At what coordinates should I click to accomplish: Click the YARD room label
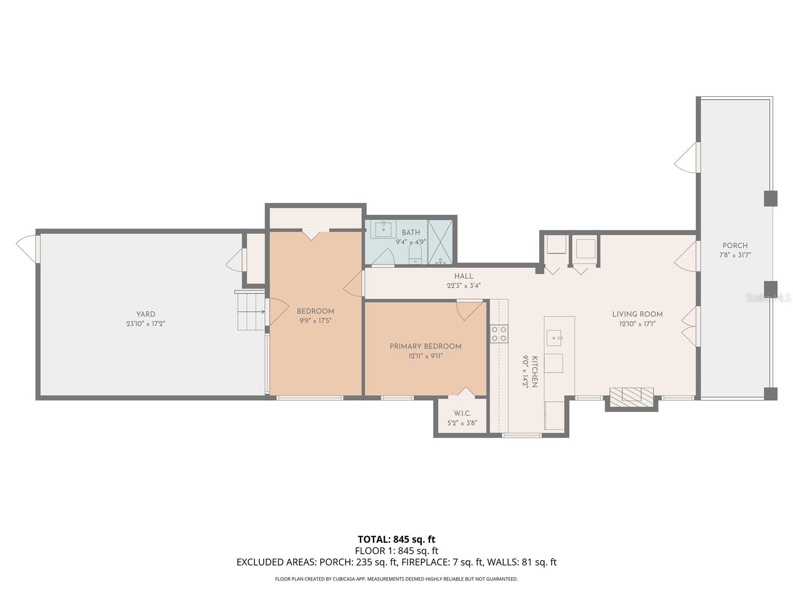(146, 314)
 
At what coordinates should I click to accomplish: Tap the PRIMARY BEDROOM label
(425, 347)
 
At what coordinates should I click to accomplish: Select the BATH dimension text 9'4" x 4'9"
(411, 242)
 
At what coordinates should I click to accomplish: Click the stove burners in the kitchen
(499, 334)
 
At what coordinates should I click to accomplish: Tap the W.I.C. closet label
(462, 414)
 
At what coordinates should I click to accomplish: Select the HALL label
(463, 276)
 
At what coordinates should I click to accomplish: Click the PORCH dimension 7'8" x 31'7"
(735, 255)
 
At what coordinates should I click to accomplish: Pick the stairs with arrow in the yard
(251, 311)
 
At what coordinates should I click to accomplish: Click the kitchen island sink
(553, 338)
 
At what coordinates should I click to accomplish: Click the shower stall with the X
(440, 241)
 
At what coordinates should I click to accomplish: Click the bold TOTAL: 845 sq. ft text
(396, 539)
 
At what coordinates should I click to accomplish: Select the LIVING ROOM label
(637, 314)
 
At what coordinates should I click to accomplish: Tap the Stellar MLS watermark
(768, 298)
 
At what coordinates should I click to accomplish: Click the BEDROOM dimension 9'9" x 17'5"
(315, 321)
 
